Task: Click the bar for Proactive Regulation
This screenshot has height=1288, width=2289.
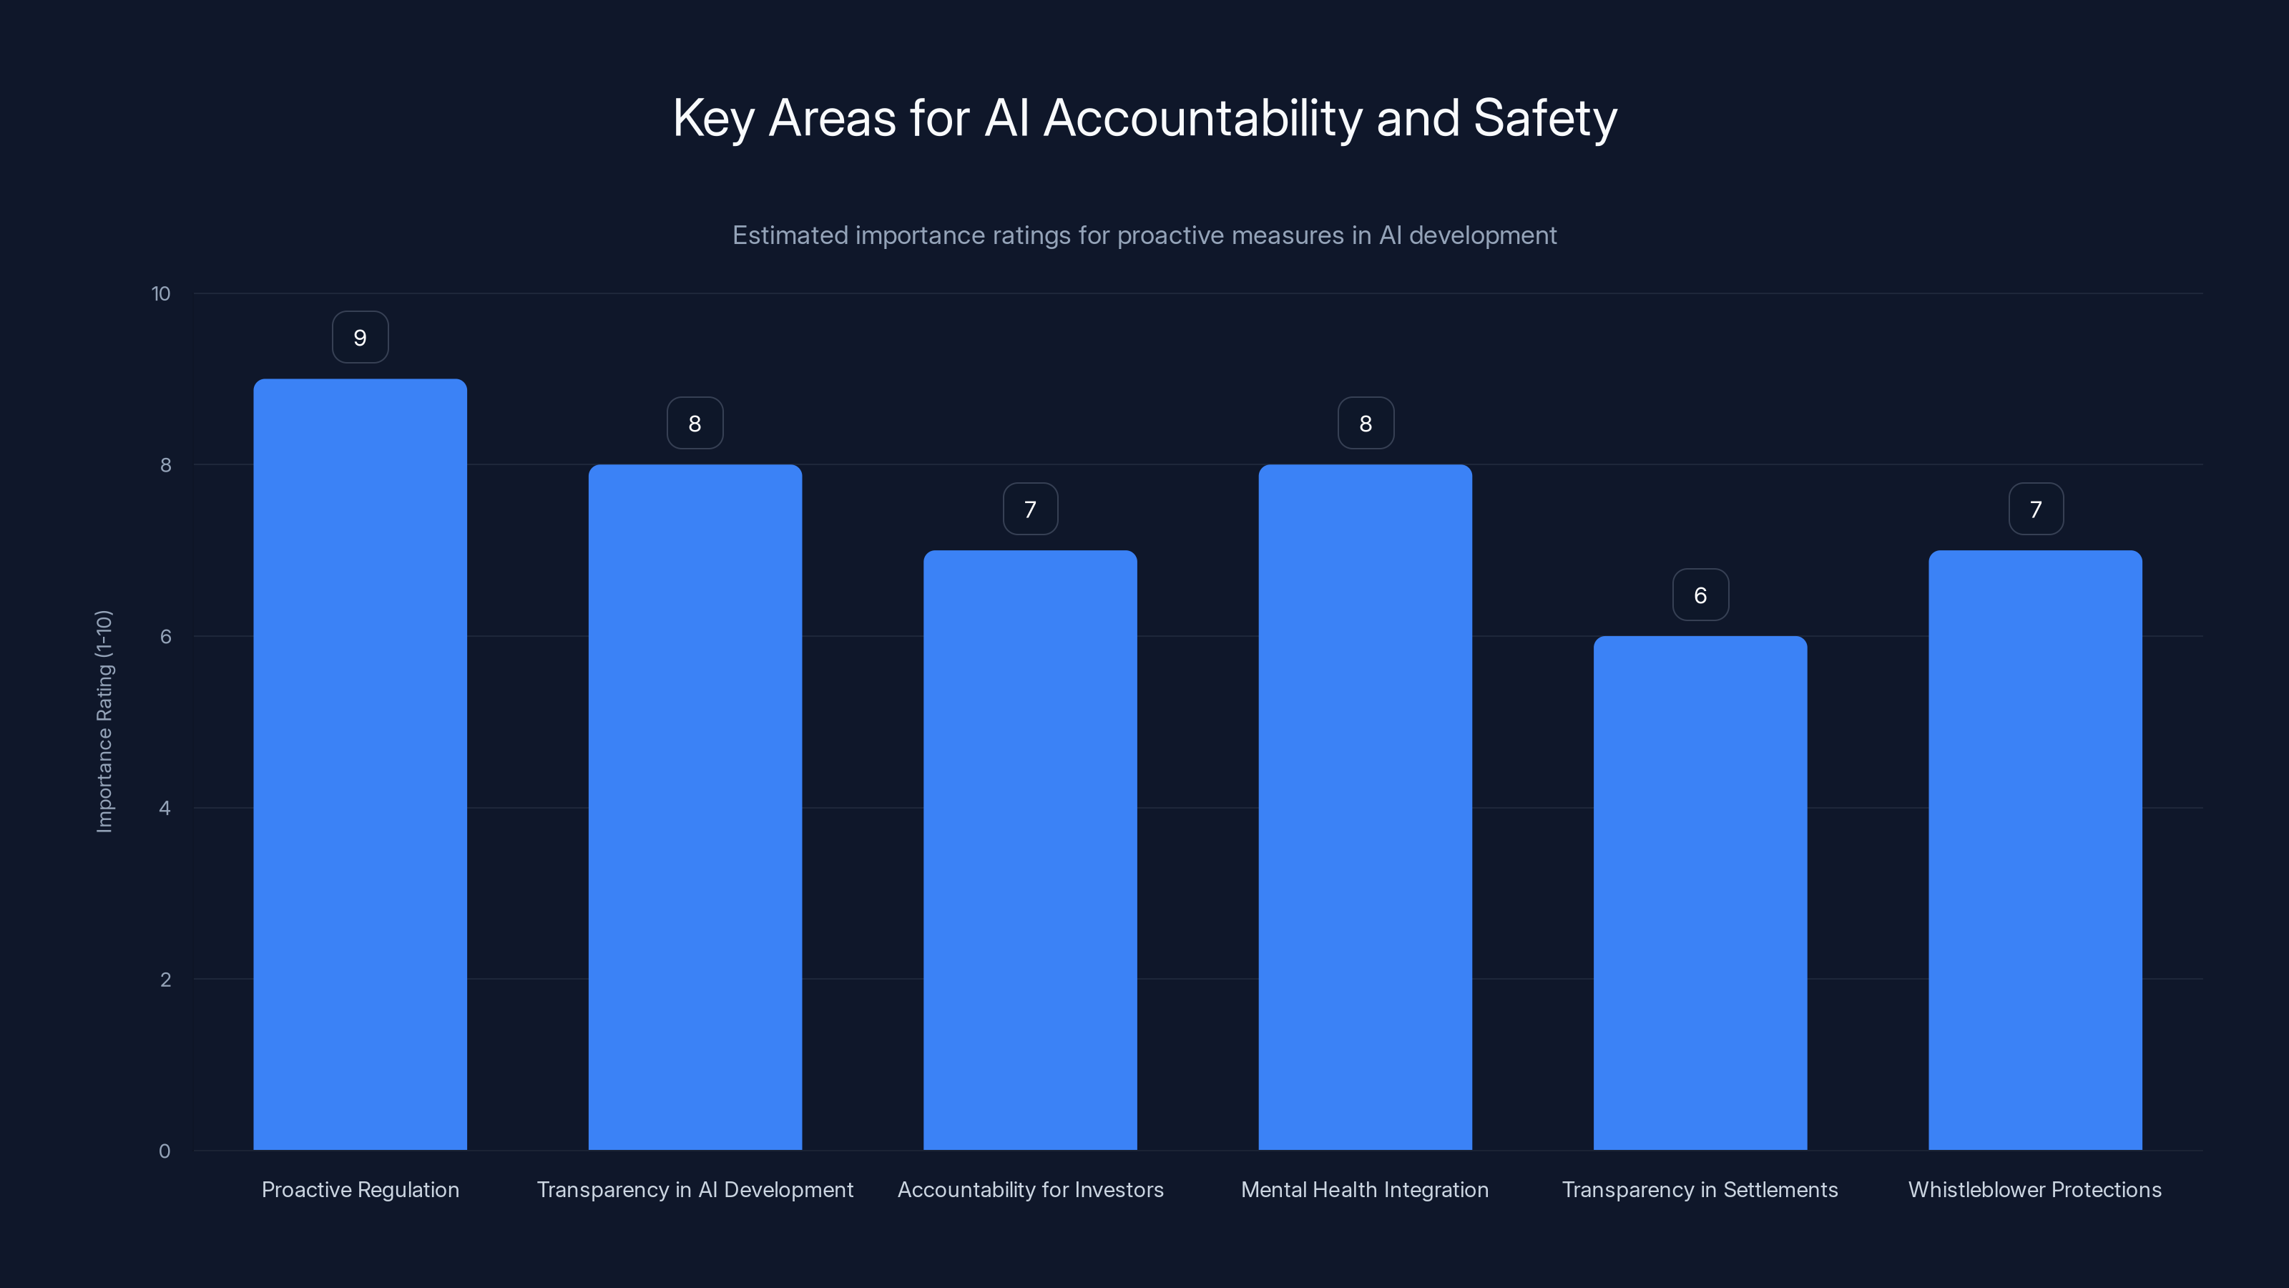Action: pos(360,764)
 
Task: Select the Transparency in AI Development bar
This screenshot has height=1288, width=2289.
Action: pos(695,807)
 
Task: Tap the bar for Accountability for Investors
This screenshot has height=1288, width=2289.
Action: pos(1030,850)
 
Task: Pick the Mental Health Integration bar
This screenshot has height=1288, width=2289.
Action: pos(1365,807)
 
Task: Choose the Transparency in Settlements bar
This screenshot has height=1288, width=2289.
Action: pos(1700,892)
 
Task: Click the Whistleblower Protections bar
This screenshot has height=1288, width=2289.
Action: pos(2035,850)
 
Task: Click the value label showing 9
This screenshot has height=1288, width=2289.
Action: pos(360,338)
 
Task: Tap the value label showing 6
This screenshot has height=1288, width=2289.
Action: pos(1700,595)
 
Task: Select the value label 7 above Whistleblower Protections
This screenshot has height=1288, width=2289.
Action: pos(2036,509)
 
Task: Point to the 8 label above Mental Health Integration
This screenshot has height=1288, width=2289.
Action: pos(1366,424)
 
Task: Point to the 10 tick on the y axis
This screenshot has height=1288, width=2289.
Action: pos(161,294)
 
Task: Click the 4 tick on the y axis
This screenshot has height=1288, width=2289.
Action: pos(165,808)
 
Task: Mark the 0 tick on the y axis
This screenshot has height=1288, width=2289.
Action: pos(165,1151)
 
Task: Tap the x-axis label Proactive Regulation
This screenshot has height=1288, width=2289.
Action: pos(360,1189)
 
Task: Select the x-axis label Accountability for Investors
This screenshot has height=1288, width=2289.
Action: pos(1030,1189)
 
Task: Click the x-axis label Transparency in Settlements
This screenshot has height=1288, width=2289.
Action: pos(1700,1189)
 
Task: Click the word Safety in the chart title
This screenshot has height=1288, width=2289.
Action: pos(1544,119)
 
